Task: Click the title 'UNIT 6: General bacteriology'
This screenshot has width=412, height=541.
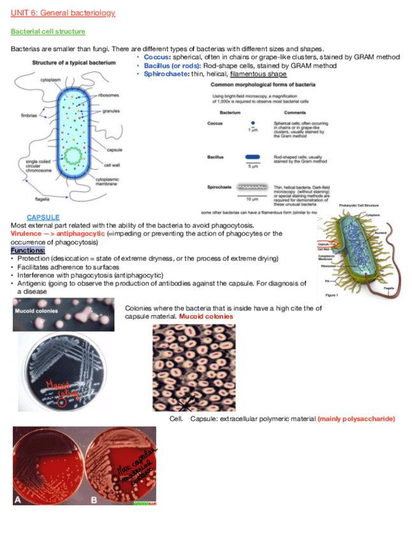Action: (x=63, y=13)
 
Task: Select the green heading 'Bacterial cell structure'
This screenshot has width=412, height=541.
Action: (x=48, y=31)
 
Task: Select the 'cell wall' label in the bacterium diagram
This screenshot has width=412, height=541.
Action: (x=112, y=165)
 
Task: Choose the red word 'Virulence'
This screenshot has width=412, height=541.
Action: (x=26, y=233)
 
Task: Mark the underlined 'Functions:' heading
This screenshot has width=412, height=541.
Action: (x=28, y=250)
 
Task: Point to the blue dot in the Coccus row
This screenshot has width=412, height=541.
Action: (x=253, y=123)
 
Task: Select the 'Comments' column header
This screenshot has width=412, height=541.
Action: (x=285, y=112)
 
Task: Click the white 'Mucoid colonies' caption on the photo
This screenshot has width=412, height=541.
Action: (x=36, y=311)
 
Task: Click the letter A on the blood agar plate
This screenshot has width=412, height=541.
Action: (x=18, y=500)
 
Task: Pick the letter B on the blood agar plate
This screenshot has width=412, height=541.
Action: (x=94, y=500)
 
